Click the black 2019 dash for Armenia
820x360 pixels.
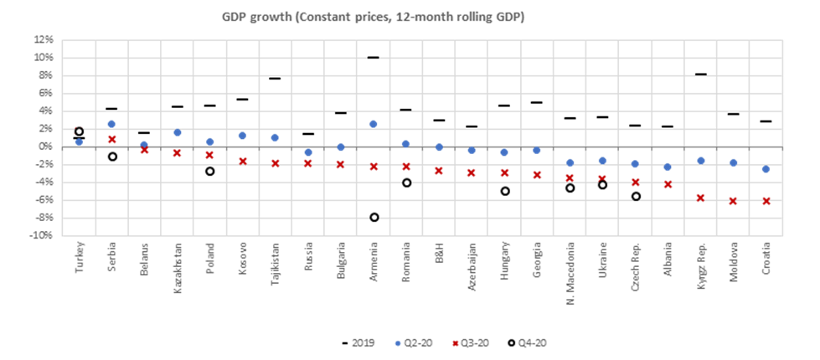pyautogui.click(x=374, y=57)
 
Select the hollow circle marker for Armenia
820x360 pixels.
pyautogui.click(x=374, y=217)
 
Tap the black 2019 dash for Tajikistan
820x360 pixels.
pyautogui.click(x=275, y=79)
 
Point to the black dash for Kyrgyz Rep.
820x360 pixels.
pyautogui.click(x=700, y=75)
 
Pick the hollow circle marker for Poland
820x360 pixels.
pyautogui.click(x=209, y=171)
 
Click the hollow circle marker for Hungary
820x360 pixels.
pyautogui.click(x=504, y=191)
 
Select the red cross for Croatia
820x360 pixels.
pyautogui.click(x=766, y=201)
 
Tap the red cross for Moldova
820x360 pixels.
pyautogui.click(x=733, y=201)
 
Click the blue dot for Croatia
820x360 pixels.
pyautogui.click(x=766, y=169)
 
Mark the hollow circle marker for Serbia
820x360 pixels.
pyautogui.click(x=111, y=157)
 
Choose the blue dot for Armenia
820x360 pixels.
pyautogui.click(x=374, y=124)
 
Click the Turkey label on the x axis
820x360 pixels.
pyautogui.click(x=80, y=255)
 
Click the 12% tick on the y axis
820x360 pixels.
pyautogui.click(x=44, y=39)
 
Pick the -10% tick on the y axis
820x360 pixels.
pyautogui.click(x=43, y=235)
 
